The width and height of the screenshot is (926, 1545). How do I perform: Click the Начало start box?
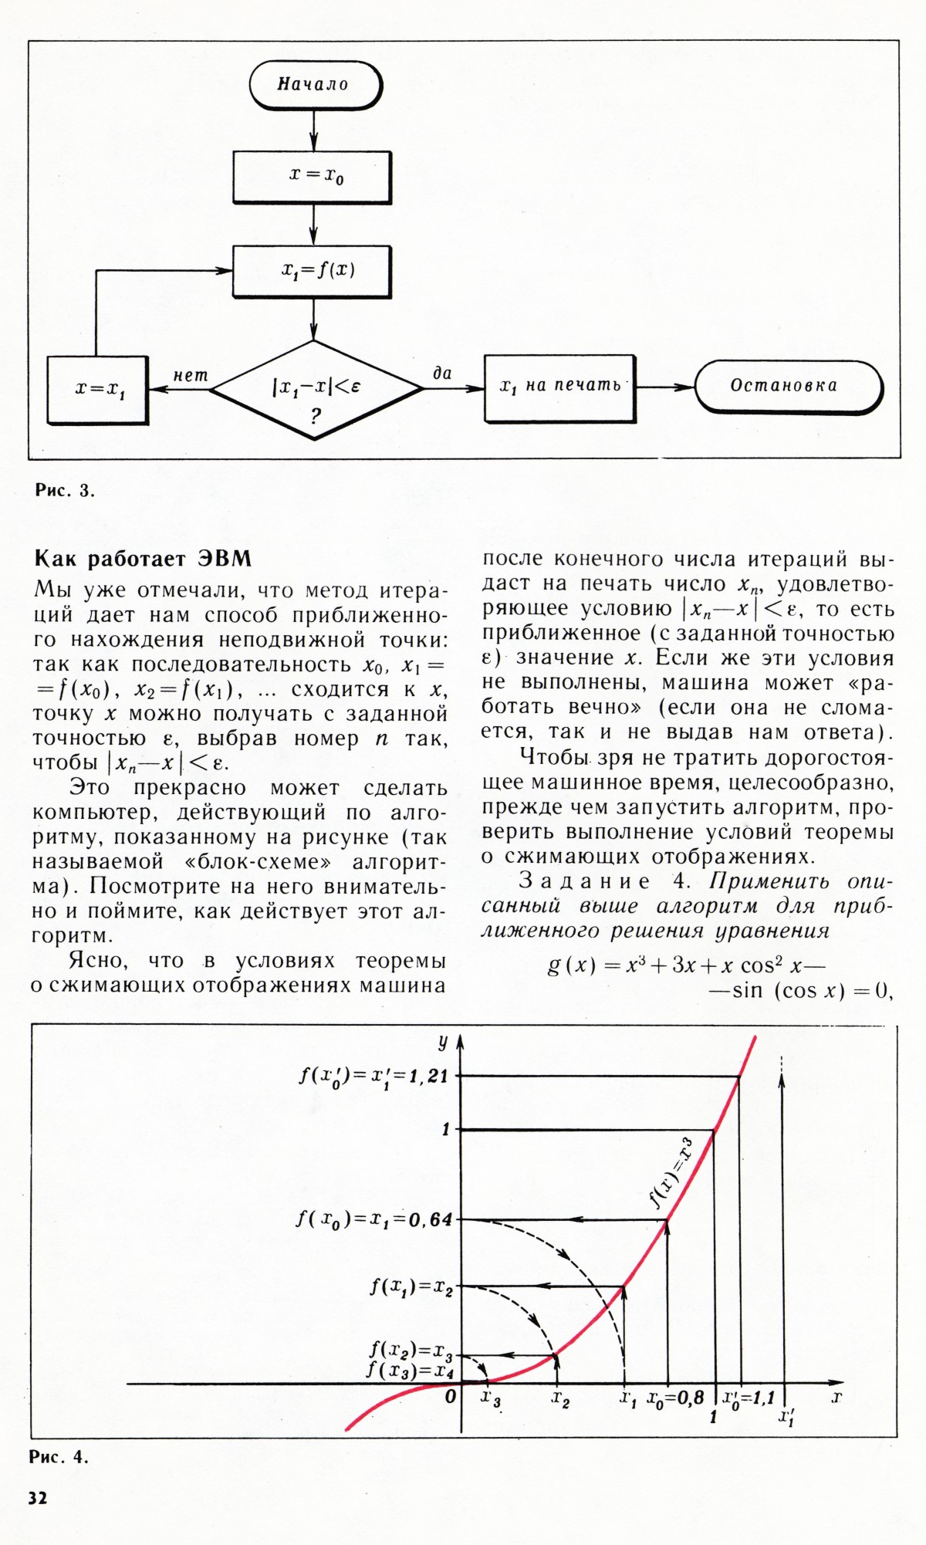click(315, 84)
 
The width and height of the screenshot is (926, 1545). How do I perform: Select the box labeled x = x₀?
click(313, 177)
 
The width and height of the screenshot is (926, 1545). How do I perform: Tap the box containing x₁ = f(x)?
click(313, 271)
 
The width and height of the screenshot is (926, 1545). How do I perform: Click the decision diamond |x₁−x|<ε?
click(316, 389)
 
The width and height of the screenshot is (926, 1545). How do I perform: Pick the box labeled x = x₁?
click(97, 390)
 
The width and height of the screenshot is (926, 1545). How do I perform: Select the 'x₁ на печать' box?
click(559, 387)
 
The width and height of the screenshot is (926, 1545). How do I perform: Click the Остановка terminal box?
click(787, 386)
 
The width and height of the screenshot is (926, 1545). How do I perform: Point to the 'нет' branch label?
click(190, 376)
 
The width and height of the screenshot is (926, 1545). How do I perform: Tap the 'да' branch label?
click(442, 374)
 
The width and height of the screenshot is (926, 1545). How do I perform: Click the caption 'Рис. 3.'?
click(65, 490)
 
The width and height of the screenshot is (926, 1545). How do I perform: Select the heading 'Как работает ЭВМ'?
click(144, 558)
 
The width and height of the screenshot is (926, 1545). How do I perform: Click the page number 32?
click(38, 1497)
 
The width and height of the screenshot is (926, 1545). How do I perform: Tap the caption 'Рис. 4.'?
click(59, 1457)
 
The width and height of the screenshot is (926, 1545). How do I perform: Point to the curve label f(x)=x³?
click(671, 1172)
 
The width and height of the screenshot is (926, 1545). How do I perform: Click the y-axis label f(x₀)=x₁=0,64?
click(374, 1219)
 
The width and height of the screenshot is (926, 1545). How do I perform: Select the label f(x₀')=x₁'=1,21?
click(373, 1075)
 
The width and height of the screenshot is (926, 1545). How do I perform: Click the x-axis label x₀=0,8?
click(675, 1397)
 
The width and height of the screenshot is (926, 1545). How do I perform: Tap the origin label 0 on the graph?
click(451, 1396)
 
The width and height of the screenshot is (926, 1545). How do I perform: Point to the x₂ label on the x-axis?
click(560, 1398)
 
